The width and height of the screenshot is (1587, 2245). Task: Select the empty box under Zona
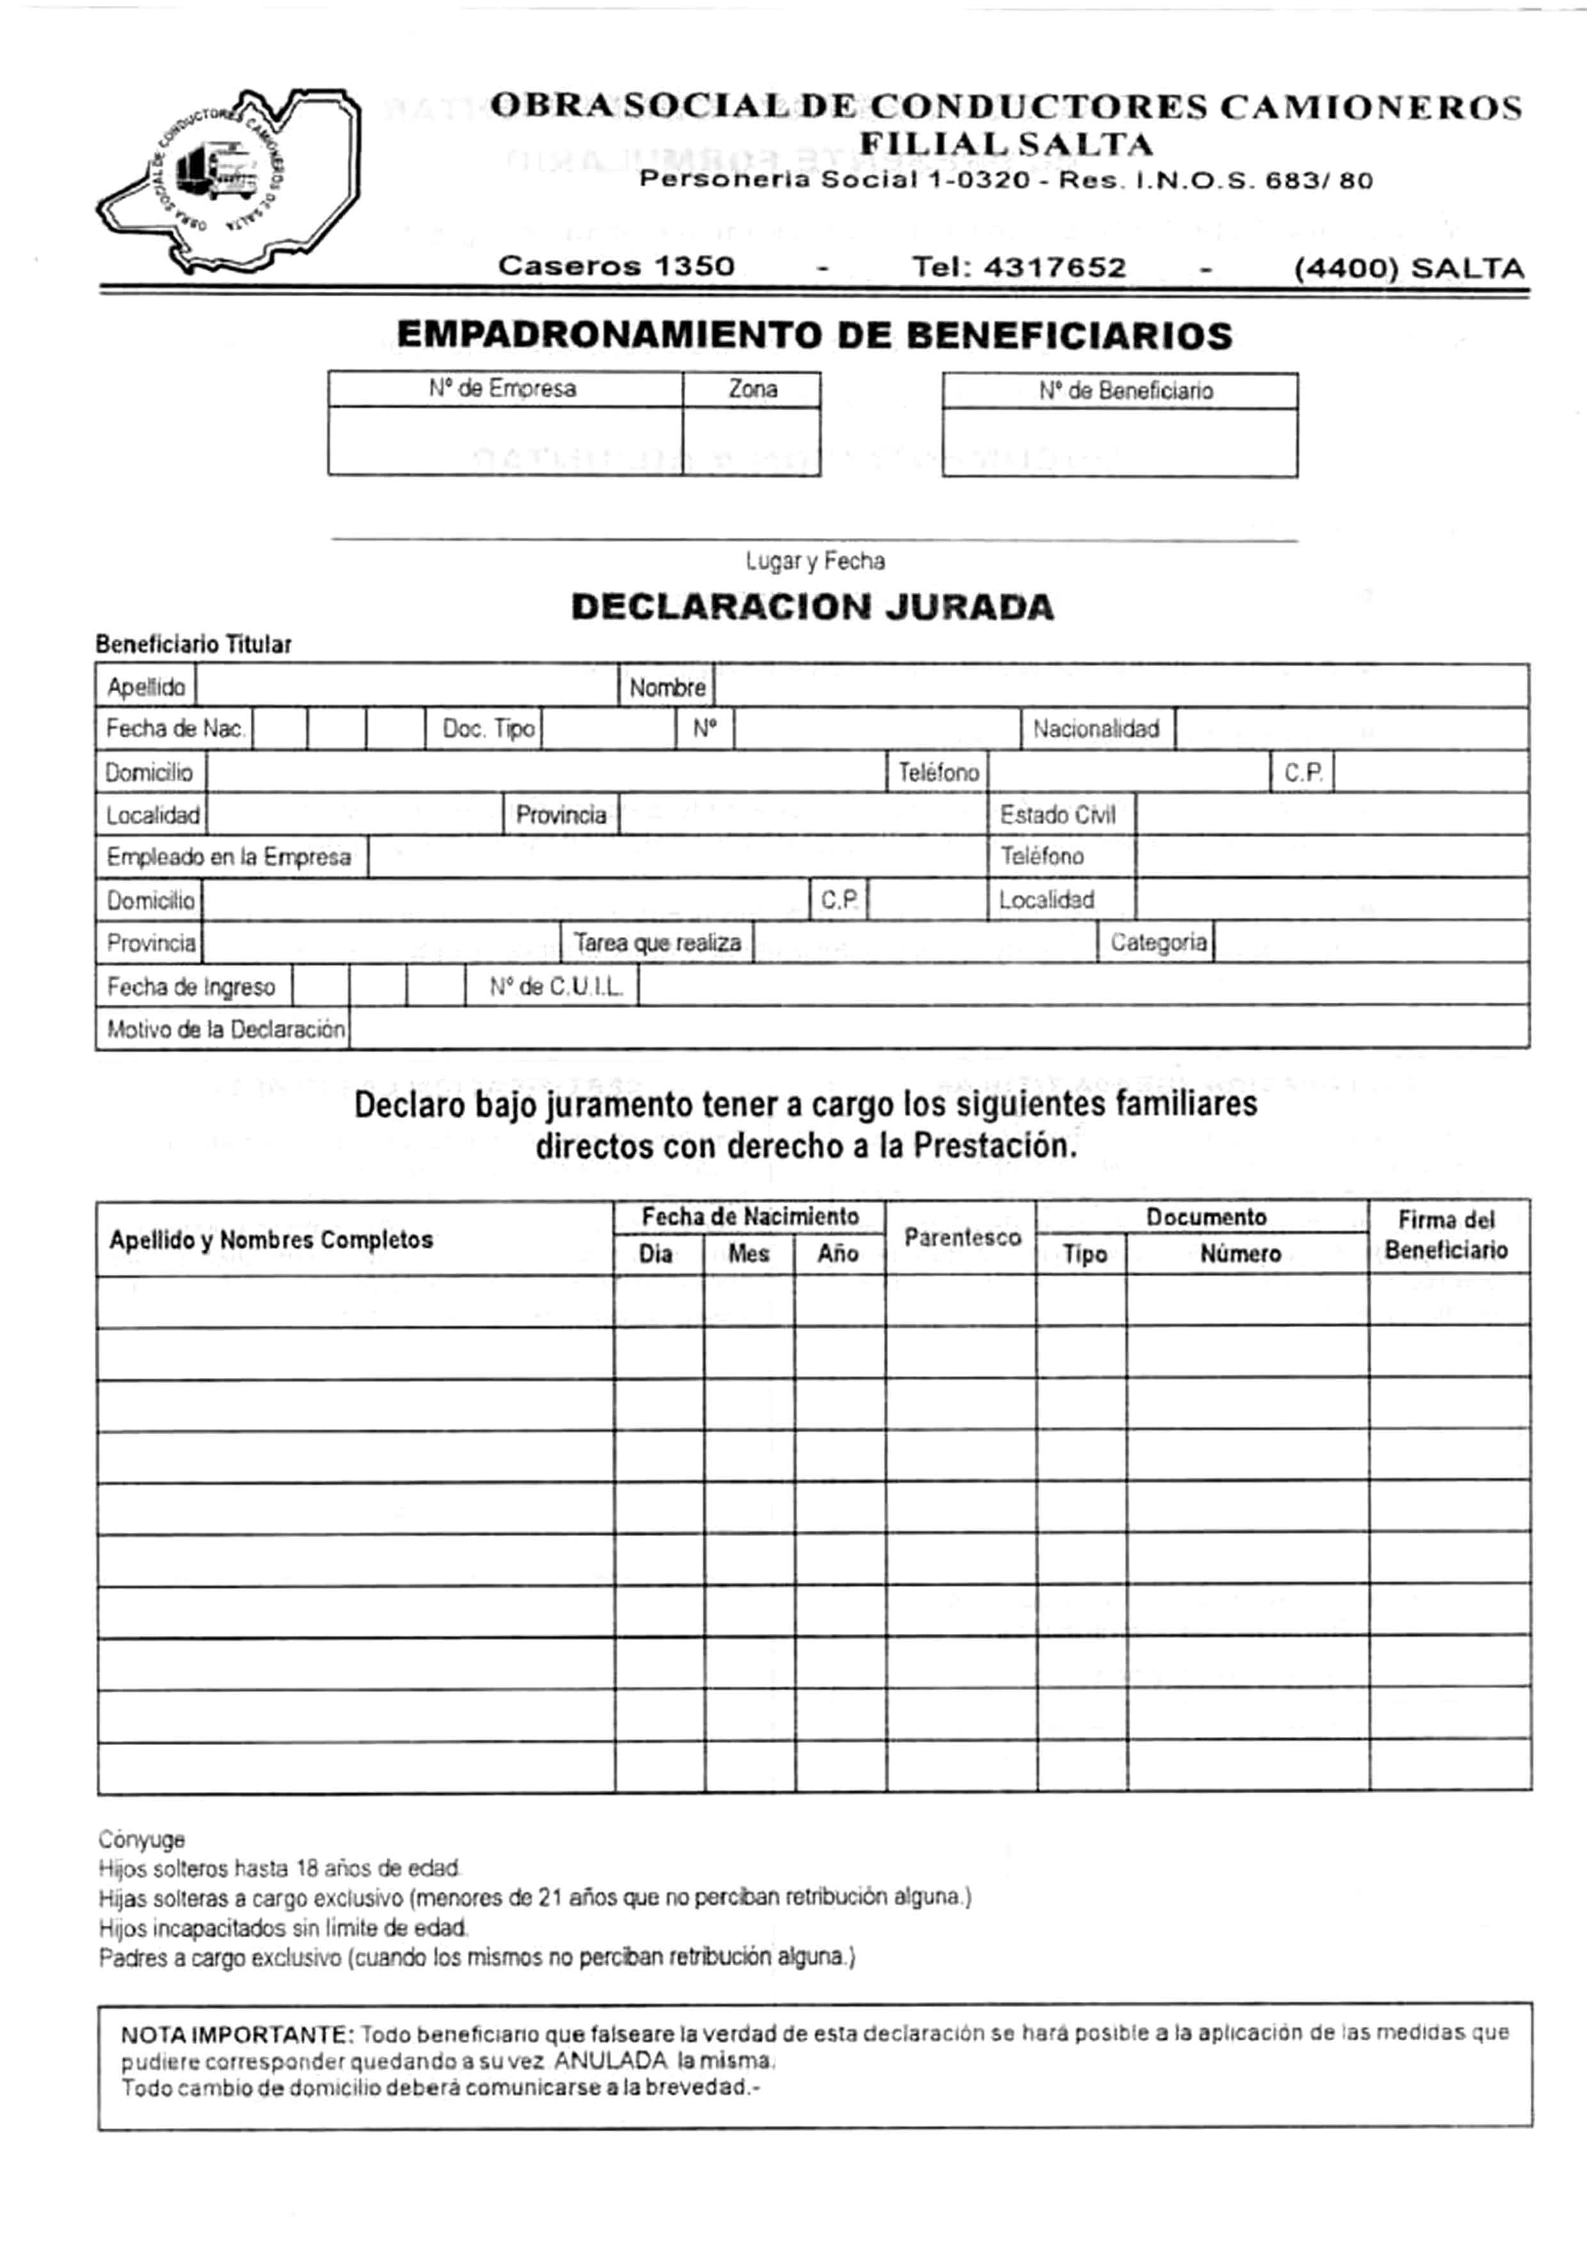click(751, 441)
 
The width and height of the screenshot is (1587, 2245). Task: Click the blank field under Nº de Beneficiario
click(1120, 442)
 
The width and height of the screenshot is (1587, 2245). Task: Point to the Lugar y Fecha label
click(815, 561)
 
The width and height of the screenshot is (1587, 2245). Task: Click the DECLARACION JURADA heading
click(813, 607)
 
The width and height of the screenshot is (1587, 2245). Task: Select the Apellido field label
click(147, 687)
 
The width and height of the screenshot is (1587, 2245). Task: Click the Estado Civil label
click(1057, 815)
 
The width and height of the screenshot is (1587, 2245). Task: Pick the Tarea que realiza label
click(657, 943)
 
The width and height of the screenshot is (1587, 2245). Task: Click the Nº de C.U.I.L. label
click(555, 987)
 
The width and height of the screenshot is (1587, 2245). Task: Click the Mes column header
click(748, 1254)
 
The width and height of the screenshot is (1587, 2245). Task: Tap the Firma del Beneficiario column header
click(1446, 1235)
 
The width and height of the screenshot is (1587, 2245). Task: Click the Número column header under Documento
click(1240, 1254)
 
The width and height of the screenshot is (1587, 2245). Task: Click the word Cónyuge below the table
click(142, 1839)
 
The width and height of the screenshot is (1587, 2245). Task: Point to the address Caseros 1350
click(616, 266)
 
